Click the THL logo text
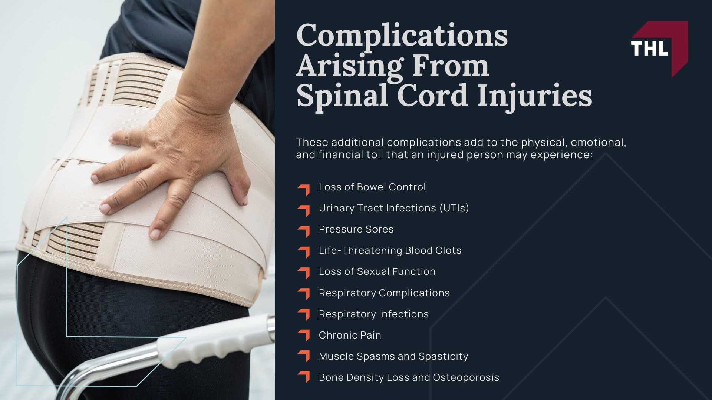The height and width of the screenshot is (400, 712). point(649,49)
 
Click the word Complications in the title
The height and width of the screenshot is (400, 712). point(402,36)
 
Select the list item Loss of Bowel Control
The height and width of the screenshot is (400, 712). point(372,187)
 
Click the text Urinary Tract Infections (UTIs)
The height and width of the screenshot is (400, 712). point(394,208)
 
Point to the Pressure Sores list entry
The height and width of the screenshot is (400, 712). point(356,229)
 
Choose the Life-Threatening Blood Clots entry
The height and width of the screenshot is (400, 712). point(390,250)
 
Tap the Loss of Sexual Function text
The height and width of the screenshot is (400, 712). point(377,271)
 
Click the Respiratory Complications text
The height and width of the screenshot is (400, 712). point(384,293)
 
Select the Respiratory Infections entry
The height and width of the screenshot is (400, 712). point(373,314)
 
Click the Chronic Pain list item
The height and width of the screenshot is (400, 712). point(350,335)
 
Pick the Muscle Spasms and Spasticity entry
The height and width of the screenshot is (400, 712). point(393,356)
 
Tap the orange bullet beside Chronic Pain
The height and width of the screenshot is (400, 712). point(304,335)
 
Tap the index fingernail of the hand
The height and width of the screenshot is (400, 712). point(106,209)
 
